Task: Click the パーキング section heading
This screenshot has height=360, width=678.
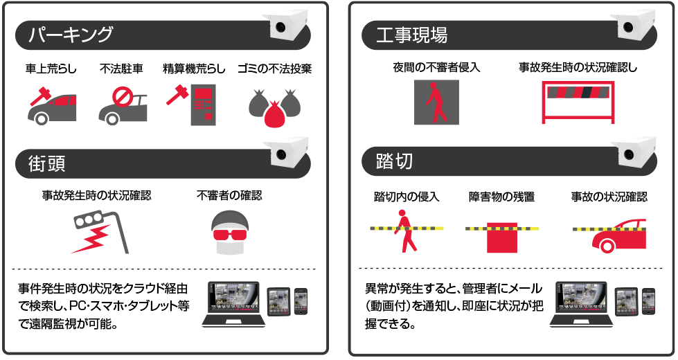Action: [x=71, y=35]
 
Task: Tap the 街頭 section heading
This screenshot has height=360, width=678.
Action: [x=46, y=164]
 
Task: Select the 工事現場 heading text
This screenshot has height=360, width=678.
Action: [x=411, y=35]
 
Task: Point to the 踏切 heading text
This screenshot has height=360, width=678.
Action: [x=394, y=161]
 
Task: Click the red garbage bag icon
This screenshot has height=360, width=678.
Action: [x=274, y=114]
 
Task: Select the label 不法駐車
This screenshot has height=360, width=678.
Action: [x=121, y=69]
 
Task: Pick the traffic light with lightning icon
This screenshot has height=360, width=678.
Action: [x=100, y=232]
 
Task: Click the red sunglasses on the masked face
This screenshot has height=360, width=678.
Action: [x=230, y=235]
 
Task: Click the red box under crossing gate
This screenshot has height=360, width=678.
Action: [x=501, y=238]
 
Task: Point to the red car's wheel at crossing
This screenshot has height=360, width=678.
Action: [x=607, y=246]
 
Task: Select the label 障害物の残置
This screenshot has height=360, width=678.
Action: [x=501, y=197]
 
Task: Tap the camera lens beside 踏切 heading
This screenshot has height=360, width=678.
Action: [x=628, y=154]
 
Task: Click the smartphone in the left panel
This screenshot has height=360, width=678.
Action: [x=301, y=301]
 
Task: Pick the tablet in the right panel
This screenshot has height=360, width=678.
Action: [x=627, y=301]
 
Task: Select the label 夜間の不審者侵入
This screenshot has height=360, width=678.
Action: [x=436, y=67]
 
